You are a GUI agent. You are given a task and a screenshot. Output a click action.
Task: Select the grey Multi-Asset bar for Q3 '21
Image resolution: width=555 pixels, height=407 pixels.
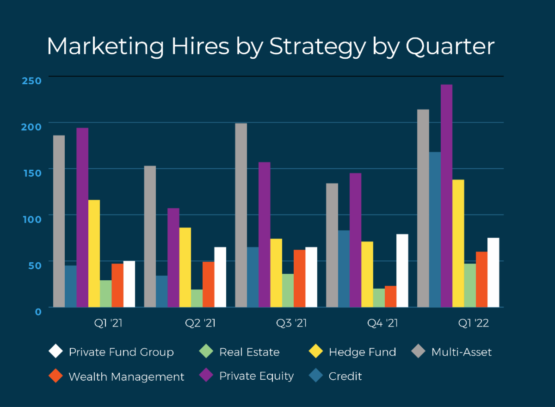point(241,215)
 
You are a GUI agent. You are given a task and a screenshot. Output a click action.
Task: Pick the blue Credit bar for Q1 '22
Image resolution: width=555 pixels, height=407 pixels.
point(435,229)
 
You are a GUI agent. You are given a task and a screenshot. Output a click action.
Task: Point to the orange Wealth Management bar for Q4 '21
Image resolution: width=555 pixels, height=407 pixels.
point(390,296)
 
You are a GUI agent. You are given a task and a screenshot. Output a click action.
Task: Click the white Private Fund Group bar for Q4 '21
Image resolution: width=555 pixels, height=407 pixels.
point(402,271)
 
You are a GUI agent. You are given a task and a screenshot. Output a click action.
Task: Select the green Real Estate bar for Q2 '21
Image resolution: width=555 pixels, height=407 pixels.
point(197,298)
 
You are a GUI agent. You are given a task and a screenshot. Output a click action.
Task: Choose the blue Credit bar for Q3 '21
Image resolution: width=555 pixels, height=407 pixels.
point(253,277)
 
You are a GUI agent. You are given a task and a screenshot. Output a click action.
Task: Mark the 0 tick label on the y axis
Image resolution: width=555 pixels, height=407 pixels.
point(38,311)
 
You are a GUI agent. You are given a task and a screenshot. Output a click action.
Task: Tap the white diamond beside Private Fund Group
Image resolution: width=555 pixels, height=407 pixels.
point(55,352)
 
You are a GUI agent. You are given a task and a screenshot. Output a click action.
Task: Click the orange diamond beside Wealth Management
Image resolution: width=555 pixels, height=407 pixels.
point(55,376)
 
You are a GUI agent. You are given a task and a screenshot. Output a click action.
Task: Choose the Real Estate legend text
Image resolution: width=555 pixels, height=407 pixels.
point(249,352)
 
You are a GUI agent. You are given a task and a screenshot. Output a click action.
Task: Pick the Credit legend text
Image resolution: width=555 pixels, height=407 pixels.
point(345,376)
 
